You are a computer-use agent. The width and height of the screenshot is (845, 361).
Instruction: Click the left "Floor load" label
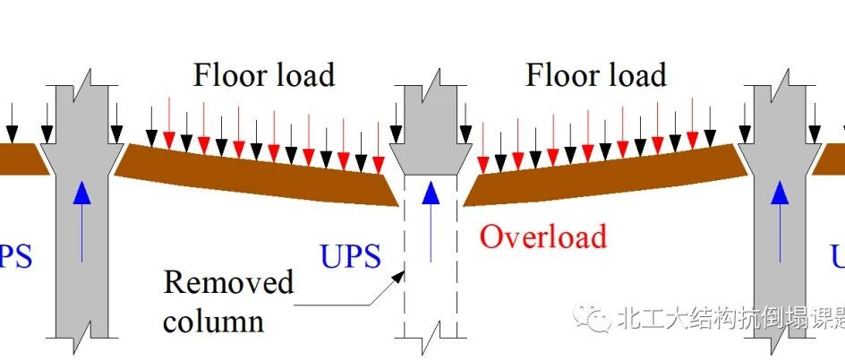tap(264, 74)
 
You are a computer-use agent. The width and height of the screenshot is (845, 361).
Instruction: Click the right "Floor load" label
tap(596, 74)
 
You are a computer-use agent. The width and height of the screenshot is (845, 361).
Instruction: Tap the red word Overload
tap(543, 236)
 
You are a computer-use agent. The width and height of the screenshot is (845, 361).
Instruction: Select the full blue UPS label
tap(350, 257)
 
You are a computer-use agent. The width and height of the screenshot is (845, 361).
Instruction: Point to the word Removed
tap(228, 283)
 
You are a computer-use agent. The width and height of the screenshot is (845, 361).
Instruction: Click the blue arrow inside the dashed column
tap(431, 220)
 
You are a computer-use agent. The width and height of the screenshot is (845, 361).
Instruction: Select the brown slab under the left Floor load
tap(260, 175)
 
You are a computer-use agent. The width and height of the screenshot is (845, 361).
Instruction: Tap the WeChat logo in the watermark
tap(592, 319)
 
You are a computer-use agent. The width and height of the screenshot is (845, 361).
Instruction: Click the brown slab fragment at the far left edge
tap(18, 159)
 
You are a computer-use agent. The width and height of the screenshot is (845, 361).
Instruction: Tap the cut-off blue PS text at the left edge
tap(15, 257)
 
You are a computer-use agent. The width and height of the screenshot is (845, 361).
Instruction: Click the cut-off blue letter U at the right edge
tap(838, 257)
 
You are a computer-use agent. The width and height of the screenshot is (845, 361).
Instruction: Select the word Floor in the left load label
tap(226, 74)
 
